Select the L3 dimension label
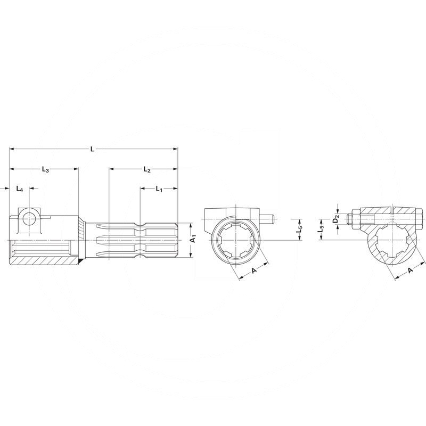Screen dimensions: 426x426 pyautogui.click(x=45, y=170)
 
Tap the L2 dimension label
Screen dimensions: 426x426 pyautogui.click(x=147, y=170)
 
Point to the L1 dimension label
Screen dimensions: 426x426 pyautogui.click(x=159, y=189)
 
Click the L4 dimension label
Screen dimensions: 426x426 pyautogui.click(x=20, y=189)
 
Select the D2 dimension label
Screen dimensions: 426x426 pyautogui.click(x=335, y=219)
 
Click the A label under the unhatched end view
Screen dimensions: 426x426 pyautogui.click(x=253, y=271)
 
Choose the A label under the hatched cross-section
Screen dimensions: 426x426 pyautogui.click(x=410, y=271)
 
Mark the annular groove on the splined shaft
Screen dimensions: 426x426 pyautogui.click(x=141, y=239)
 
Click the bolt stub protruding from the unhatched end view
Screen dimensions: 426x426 pyautogui.click(x=268, y=218)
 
